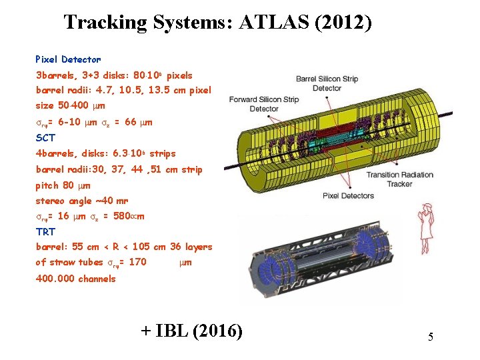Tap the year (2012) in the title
click(x=344, y=22)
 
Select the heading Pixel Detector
click(x=68, y=59)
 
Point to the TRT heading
click(x=45, y=231)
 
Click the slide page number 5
click(x=431, y=337)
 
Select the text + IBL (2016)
click(x=191, y=330)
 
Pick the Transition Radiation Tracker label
click(x=399, y=179)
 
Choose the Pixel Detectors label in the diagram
click(x=348, y=195)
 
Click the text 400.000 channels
click(x=75, y=278)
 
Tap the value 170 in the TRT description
click(x=137, y=262)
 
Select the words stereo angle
click(x=65, y=200)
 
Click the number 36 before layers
click(x=176, y=247)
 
